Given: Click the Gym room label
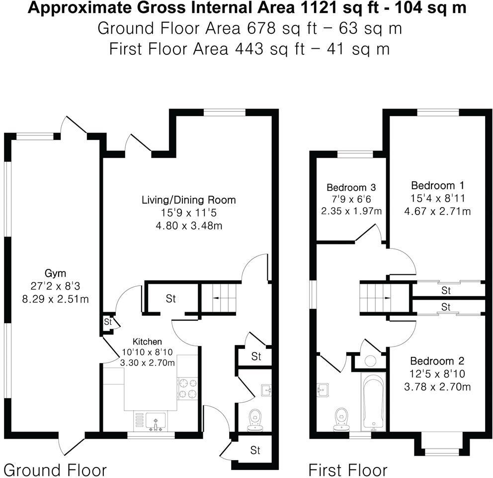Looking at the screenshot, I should click(56, 273).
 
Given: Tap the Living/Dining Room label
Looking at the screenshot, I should click(188, 200).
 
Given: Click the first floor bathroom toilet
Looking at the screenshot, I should click(340, 418).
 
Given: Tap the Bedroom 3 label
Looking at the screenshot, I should click(351, 188).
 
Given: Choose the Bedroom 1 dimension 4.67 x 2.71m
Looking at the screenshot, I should click(437, 211).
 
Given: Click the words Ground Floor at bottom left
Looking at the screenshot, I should click(55, 470).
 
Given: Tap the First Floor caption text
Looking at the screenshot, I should click(347, 470).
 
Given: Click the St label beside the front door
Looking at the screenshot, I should click(255, 451).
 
